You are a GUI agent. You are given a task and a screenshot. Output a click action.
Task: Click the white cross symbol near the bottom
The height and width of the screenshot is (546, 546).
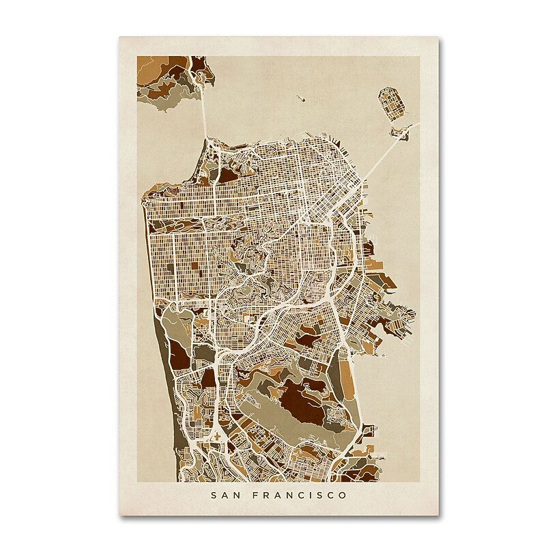click(x=217, y=435)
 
